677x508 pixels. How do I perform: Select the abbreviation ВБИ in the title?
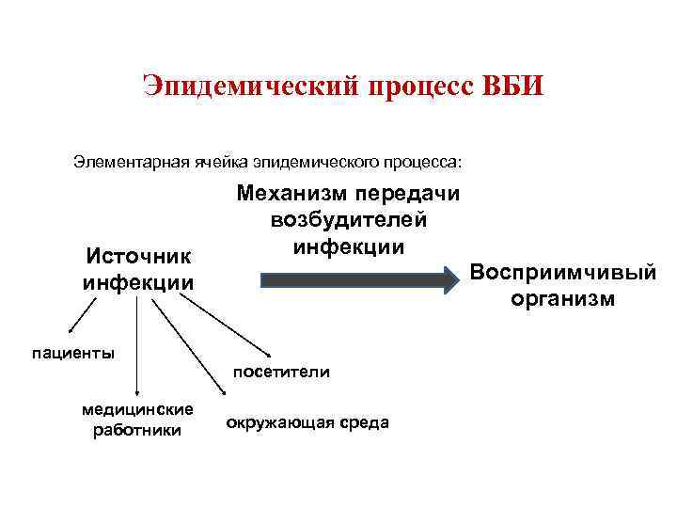click(513, 87)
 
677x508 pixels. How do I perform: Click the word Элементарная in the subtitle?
click(128, 161)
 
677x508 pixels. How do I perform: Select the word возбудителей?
click(349, 220)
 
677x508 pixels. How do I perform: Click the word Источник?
click(138, 256)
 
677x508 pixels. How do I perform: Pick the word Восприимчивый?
click(562, 273)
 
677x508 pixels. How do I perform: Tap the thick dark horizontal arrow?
click(357, 280)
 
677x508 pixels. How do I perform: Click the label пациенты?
click(73, 353)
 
